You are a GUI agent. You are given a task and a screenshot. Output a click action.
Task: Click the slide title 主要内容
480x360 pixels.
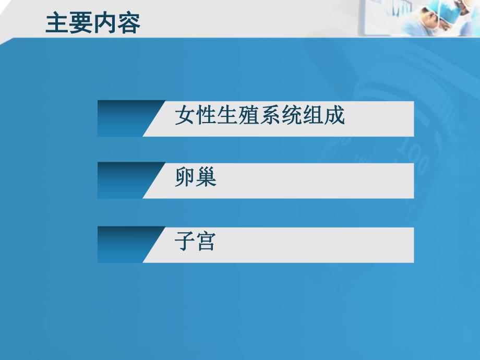pyautogui.click(x=92, y=23)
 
